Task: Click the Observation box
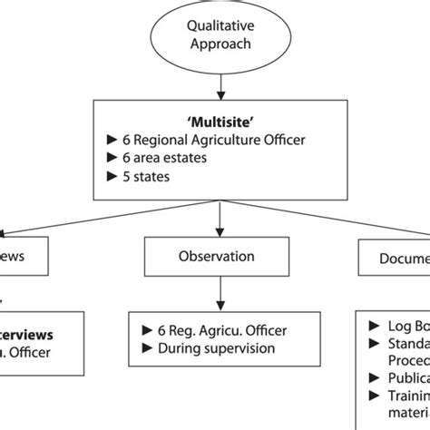[215, 257]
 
